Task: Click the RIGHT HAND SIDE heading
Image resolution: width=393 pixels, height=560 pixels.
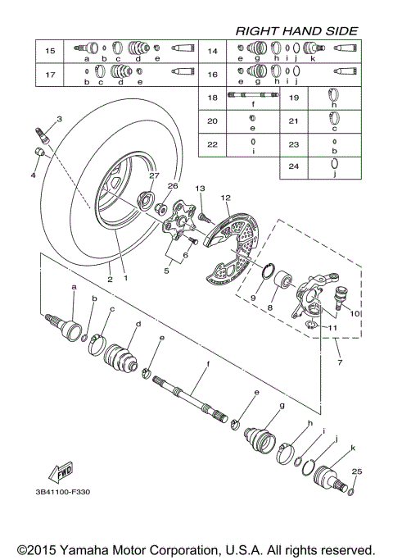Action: click(x=296, y=30)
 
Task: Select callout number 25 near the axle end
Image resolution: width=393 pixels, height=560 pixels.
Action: click(x=355, y=471)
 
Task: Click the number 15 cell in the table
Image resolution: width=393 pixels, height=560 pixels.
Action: click(x=50, y=51)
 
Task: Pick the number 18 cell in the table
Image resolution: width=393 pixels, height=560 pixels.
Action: click(x=211, y=98)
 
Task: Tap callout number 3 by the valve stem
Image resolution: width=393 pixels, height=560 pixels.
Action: click(x=59, y=120)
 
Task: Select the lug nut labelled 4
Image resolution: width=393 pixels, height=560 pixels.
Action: click(x=39, y=153)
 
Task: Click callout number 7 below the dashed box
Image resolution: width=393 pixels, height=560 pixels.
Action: click(x=338, y=360)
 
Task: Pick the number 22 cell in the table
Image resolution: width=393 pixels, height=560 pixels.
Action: click(x=211, y=143)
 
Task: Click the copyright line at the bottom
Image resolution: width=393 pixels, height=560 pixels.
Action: click(x=196, y=549)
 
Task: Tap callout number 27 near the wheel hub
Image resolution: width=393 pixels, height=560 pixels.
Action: click(x=153, y=175)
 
